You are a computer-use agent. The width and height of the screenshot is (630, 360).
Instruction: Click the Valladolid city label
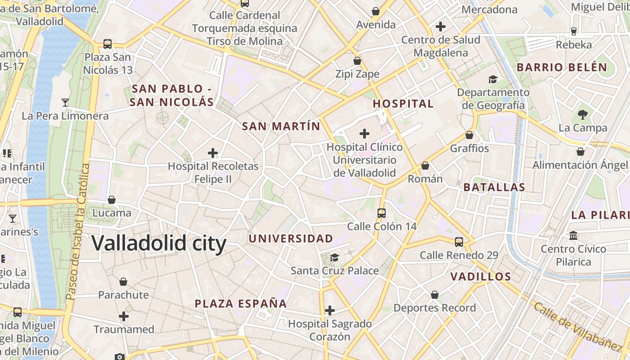click(159, 243)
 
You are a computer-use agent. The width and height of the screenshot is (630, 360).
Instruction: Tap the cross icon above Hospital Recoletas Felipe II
click(213, 153)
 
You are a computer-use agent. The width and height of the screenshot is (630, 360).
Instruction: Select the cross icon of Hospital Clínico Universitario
click(364, 134)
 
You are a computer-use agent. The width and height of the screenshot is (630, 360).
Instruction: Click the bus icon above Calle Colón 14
click(382, 213)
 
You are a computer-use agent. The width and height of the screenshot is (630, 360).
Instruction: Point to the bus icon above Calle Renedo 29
click(459, 242)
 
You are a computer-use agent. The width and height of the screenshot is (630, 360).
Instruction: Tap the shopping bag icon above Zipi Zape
click(357, 60)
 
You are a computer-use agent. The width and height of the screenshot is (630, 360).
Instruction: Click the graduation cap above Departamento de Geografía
click(493, 79)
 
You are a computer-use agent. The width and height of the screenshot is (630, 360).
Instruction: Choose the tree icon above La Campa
click(583, 114)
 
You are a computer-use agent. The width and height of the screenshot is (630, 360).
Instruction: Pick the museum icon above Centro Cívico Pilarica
click(573, 235)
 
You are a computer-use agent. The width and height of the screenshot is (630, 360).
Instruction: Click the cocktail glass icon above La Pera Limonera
click(65, 103)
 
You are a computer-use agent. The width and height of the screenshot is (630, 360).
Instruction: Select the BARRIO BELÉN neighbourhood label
click(562, 68)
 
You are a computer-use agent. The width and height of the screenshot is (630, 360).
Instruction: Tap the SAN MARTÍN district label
click(281, 126)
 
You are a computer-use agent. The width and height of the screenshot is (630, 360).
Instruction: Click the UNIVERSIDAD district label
click(291, 238)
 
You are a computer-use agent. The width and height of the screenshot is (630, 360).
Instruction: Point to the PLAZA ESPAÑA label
click(241, 303)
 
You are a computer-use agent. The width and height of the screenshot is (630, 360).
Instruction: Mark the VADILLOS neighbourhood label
click(481, 276)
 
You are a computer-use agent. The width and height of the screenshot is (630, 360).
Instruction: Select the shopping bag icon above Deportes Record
click(435, 295)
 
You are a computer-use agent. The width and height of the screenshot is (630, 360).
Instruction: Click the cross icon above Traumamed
click(124, 316)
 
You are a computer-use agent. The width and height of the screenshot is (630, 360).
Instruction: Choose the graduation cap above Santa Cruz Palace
click(334, 257)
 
